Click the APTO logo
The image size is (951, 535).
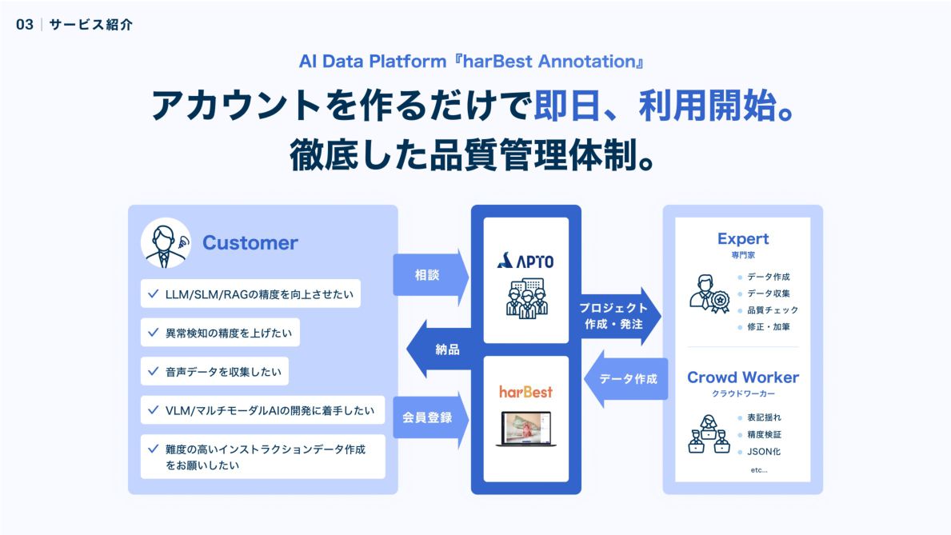pyautogui.click(x=525, y=261)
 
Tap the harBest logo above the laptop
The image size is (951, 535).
pyautogui.click(x=525, y=392)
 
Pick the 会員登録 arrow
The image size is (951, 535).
pyautogui.click(x=430, y=417)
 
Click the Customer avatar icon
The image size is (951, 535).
pyautogui.click(x=166, y=242)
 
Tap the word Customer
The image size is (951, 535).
pyautogui.click(x=250, y=242)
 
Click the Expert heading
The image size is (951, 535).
pyautogui.click(x=742, y=238)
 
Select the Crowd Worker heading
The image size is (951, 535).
pyautogui.click(x=742, y=377)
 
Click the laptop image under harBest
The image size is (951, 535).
pyautogui.click(x=525, y=429)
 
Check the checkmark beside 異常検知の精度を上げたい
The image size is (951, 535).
pyautogui.click(x=153, y=331)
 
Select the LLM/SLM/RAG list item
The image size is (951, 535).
pyautogui.click(x=250, y=293)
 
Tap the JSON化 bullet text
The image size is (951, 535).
pyautogui.click(x=764, y=452)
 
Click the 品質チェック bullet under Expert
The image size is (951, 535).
pyautogui.click(x=772, y=310)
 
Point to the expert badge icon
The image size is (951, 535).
pyautogui.click(x=708, y=293)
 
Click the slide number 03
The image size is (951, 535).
pyautogui.click(x=25, y=25)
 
